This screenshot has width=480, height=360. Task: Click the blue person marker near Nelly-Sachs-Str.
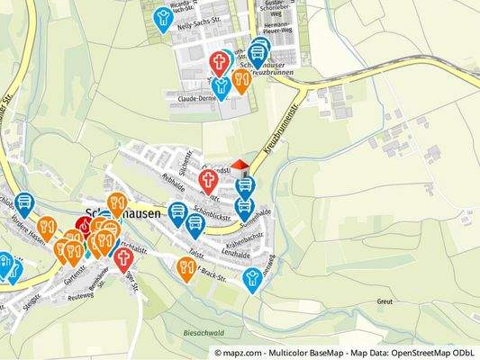click(163, 18)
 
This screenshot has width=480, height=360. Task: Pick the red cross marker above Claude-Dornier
click(219, 62)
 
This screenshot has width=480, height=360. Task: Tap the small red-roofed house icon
click(240, 167)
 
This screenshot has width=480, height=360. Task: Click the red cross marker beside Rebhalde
click(208, 181)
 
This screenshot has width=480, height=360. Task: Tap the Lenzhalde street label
click(234, 255)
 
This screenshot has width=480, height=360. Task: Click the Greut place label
click(385, 302)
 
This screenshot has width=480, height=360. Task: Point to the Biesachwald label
click(203, 332)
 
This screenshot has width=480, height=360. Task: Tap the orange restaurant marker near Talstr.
click(186, 267)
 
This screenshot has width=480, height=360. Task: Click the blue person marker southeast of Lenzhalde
click(253, 277)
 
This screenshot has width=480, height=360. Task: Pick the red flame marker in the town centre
click(85, 226)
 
